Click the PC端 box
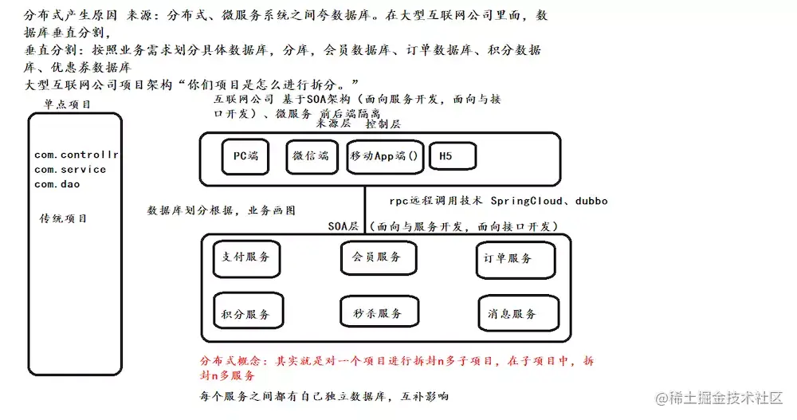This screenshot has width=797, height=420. pos(245,157)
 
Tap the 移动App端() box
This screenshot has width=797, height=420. pos(384,157)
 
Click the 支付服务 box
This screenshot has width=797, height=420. pos(245,257)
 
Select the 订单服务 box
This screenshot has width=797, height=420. pos(508,257)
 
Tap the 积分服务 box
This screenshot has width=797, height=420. pos(245,314)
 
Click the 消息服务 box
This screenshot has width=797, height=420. pos(512,314)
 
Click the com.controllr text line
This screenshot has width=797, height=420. pos(77,155)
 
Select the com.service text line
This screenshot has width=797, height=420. pos(70,169)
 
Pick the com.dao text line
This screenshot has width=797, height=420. pos(57,184)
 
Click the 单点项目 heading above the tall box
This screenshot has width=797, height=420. pos(68,104)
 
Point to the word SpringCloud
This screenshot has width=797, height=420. pos(526,201)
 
